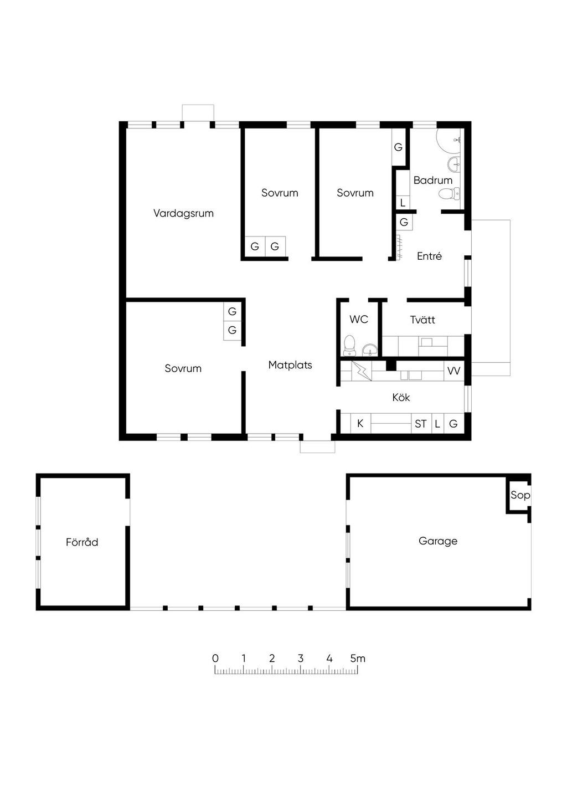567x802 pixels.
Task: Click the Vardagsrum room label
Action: [x=183, y=213]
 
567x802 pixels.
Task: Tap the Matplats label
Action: [x=290, y=365]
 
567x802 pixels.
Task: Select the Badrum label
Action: [x=433, y=180]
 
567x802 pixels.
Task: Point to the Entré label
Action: [x=429, y=256]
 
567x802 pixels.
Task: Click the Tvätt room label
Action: [x=422, y=320]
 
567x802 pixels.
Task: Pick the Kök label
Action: [x=401, y=397]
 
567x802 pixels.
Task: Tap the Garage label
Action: [x=438, y=541]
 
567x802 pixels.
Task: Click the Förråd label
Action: [x=82, y=542]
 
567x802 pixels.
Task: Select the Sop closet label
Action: [x=520, y=495]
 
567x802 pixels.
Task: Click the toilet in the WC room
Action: [x=349, y=346]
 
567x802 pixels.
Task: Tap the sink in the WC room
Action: [x=370, y=350]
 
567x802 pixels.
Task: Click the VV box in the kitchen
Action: [x=454, y=371]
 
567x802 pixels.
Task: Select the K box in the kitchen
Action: [x=360, y=424]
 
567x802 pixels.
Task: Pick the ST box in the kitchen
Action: [x=421, y=424]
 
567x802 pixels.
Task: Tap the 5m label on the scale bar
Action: [x=358, y=659]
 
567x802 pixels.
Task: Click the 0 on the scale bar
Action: [x=215, y=659]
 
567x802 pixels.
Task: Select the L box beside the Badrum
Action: [x=403, y=203]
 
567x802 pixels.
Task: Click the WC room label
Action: [x=359, y=320]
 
